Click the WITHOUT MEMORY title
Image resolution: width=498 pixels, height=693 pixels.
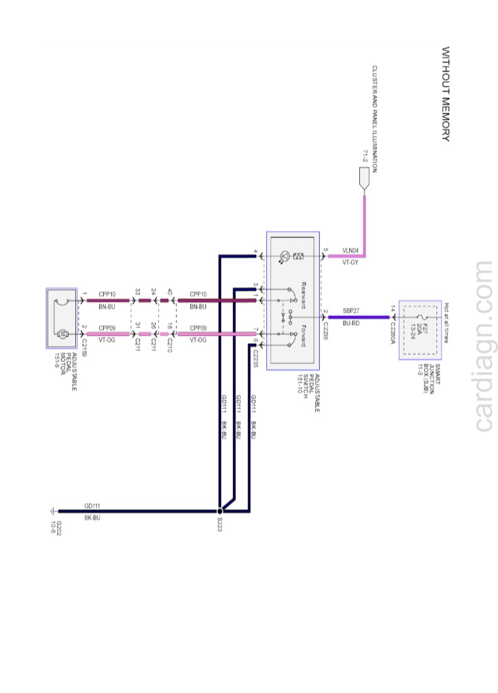(x=446, y=94)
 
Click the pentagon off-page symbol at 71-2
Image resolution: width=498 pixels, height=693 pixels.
(x=364, y=181)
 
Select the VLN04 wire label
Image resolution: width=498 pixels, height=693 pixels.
(x=350, y=250)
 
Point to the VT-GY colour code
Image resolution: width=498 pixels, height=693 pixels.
(x=350, y=263)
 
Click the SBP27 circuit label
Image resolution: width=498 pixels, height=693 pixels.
(x=350, y=310)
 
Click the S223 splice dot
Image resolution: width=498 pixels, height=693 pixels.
(x=220, y=511)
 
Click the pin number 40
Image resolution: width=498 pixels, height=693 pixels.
(x=170, y=292)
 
